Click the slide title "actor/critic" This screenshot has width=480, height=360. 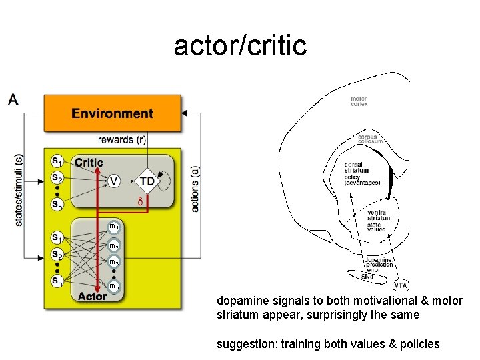click(240, 45)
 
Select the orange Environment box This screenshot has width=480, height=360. click(112, 113)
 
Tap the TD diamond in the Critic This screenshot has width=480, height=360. click(147, 181)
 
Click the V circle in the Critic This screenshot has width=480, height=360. click(114, 181)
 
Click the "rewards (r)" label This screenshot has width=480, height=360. click(122, 140)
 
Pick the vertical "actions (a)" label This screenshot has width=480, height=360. click(195, 189)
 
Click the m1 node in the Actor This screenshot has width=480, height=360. click(115, 227)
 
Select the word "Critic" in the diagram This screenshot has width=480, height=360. click(89, 162)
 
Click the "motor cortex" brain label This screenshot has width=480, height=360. click(359, 102)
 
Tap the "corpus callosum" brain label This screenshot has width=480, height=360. click(370, 139)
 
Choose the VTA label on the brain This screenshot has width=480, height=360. click(401, 287)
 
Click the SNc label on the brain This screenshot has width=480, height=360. click(367, 276)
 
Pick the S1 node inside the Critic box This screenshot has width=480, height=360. click(58, 161)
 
